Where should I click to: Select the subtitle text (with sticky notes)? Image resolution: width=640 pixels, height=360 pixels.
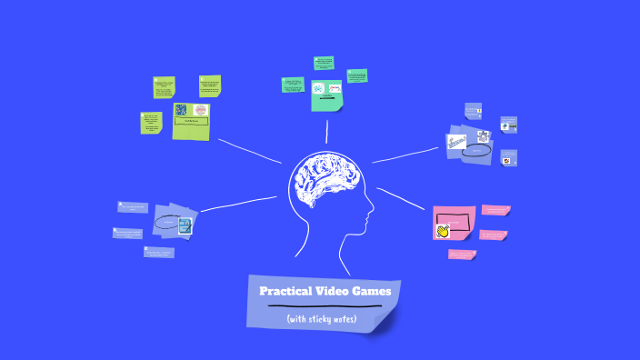pos(321,319)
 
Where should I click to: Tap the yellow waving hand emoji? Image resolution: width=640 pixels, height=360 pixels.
pos(443,231)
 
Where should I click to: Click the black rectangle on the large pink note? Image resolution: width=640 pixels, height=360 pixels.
pos(456,220)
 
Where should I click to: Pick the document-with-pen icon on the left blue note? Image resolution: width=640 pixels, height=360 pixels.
pos(185,225)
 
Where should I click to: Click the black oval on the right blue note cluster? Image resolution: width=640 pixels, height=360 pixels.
pos(475,150)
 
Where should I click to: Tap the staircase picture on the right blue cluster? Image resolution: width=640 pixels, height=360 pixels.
pos(456,141)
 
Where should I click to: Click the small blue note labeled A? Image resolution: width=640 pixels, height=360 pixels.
pos(473,110)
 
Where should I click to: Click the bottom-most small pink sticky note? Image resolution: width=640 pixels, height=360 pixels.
pos(462,255)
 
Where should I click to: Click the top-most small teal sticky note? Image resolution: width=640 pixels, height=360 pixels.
pos(324,63)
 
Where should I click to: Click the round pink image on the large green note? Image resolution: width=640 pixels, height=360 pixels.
pos(201,110)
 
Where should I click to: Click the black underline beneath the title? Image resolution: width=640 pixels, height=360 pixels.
pos(324,306)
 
